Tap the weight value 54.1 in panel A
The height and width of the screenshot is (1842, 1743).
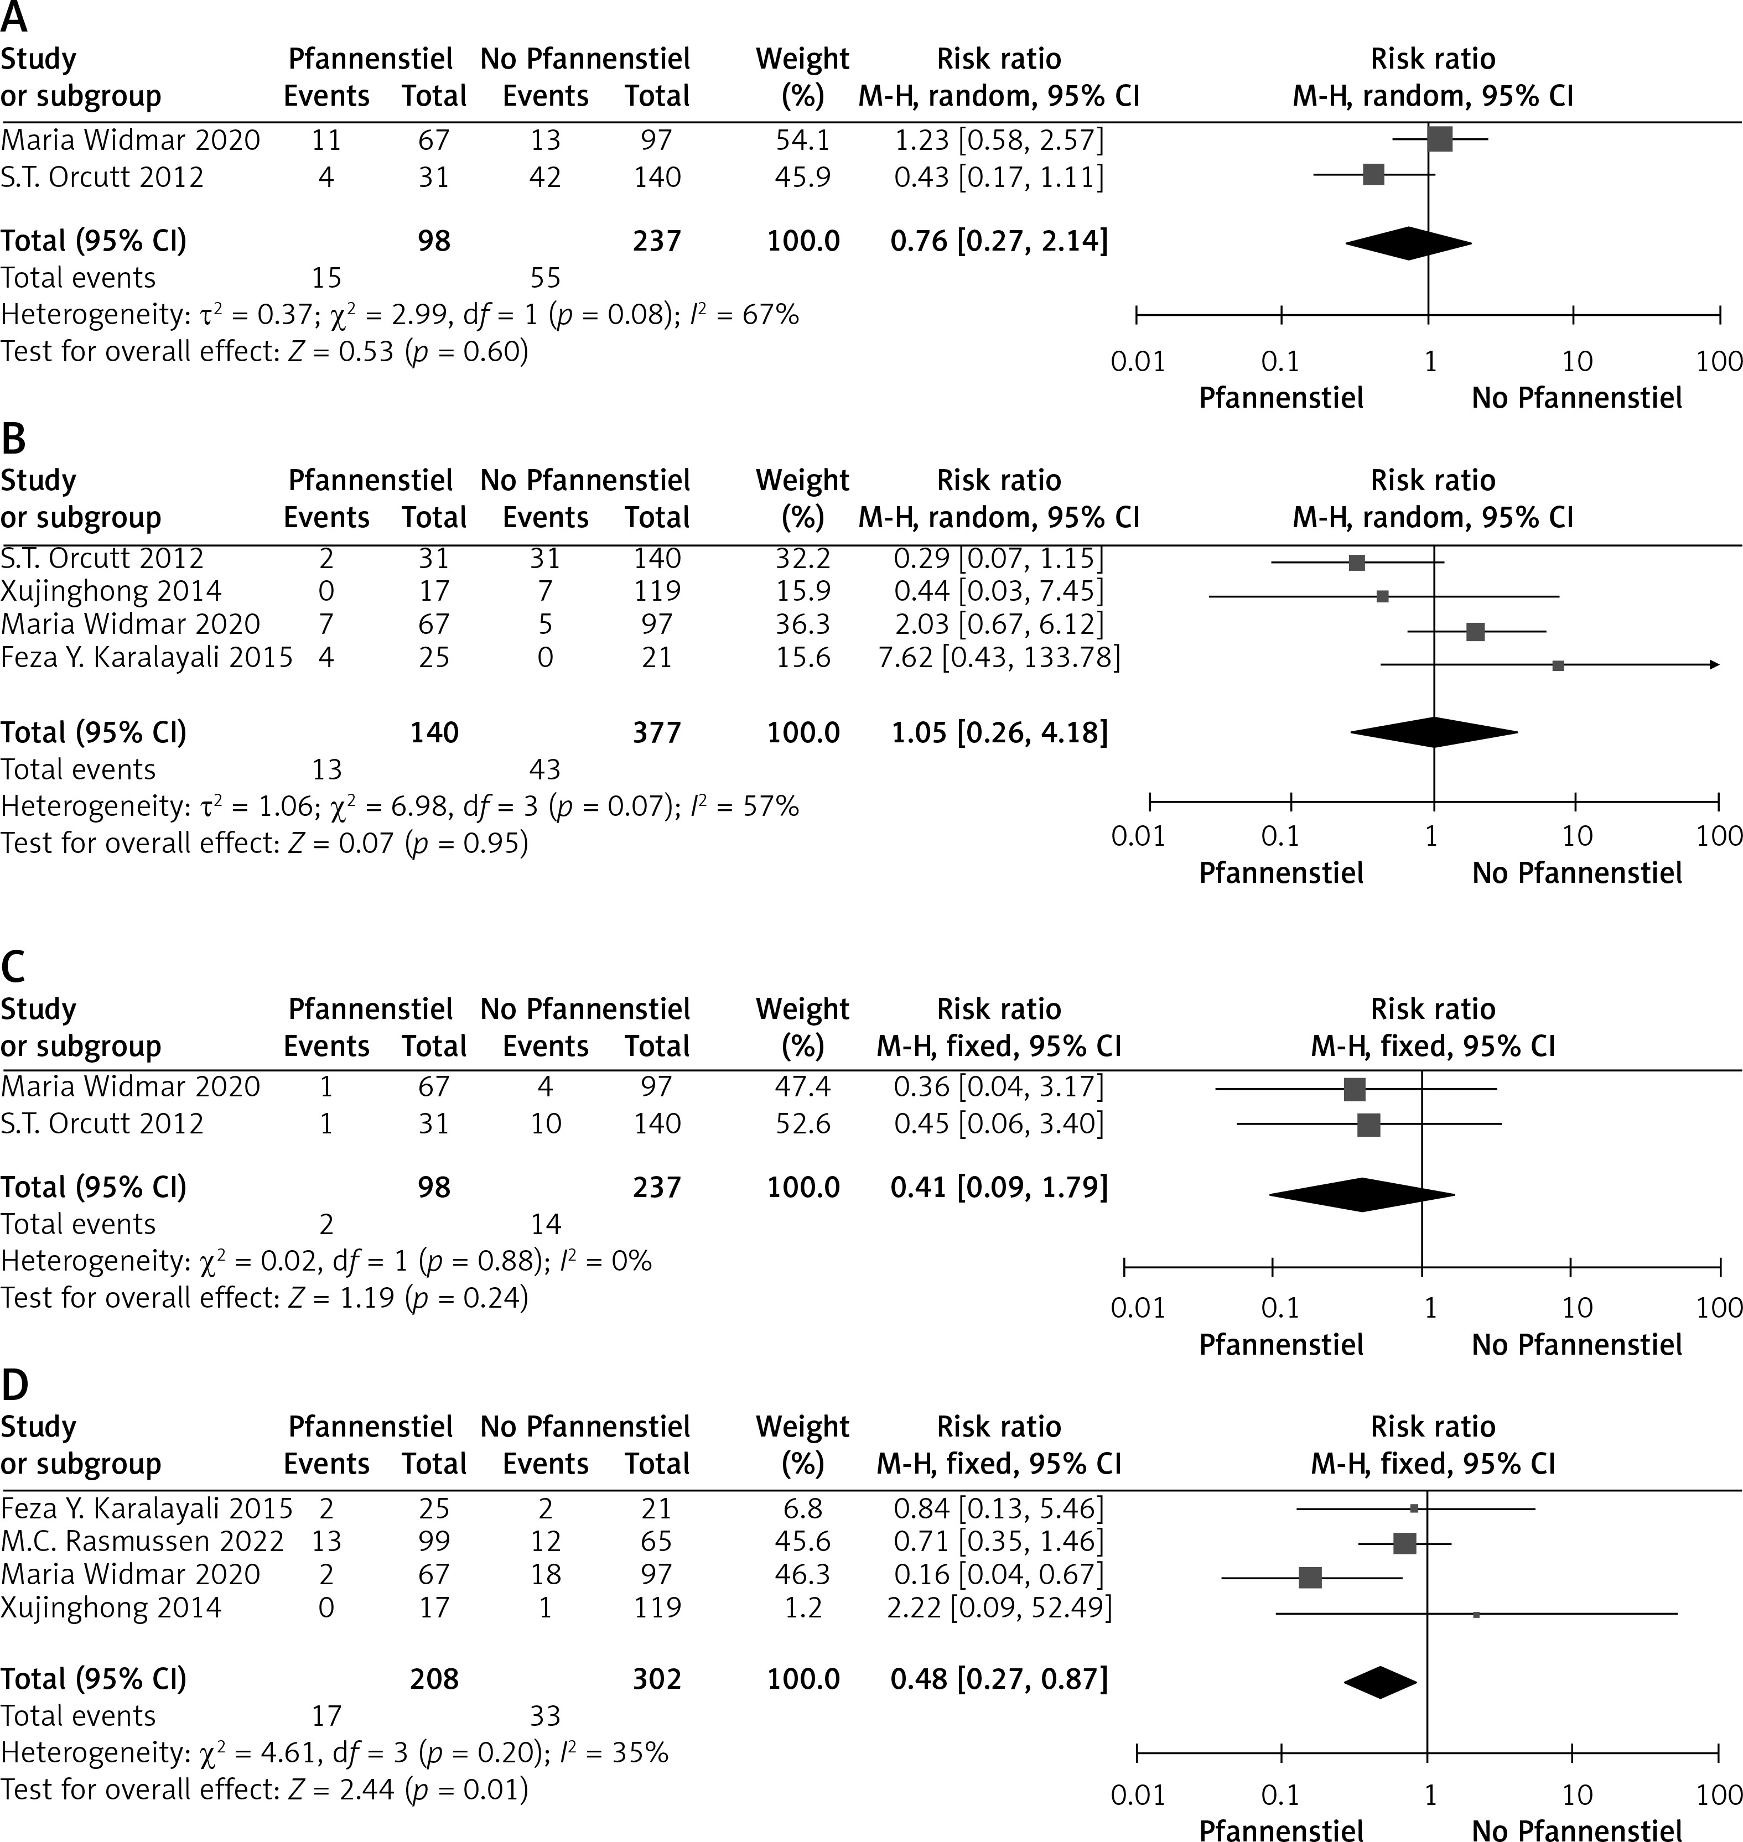pos(803,141)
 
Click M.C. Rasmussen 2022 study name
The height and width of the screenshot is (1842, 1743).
pos(142,1541)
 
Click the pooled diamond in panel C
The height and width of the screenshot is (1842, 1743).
pos(1361,1195)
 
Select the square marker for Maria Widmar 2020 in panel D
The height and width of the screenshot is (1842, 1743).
pos(1310,1577)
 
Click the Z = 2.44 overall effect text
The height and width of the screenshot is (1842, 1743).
pos(343,1789)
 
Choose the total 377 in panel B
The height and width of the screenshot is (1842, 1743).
pos(657,733)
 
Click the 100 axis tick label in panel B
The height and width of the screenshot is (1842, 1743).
pos(1718,836)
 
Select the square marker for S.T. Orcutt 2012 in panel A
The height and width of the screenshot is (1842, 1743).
pos(1373,174)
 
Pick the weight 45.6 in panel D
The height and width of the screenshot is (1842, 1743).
pos(803,1541)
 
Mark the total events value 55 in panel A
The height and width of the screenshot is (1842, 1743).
pos(546,278)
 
